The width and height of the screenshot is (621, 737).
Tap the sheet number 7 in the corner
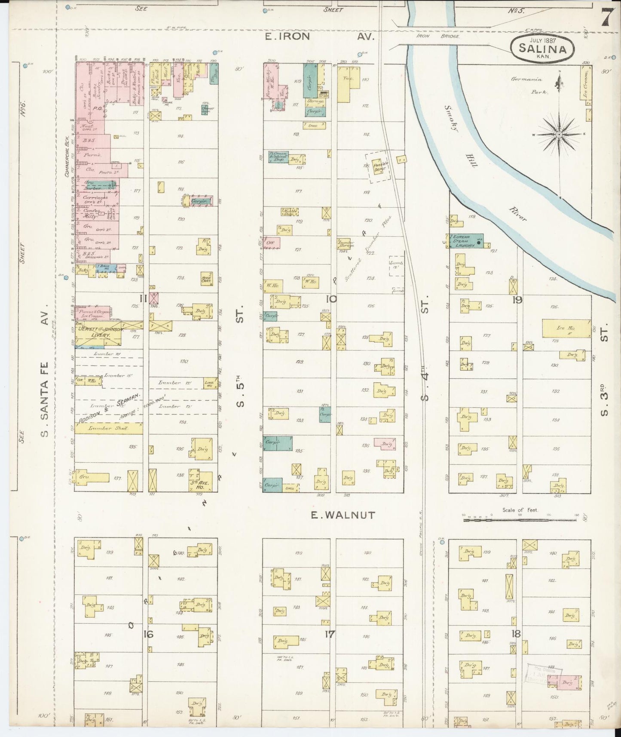[607, 17]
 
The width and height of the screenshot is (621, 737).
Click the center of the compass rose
[559, 135]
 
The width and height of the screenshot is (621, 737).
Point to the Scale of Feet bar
[520, 520]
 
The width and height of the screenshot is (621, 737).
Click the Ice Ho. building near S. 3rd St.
[566, 328]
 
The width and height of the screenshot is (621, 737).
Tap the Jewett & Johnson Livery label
[100, 332]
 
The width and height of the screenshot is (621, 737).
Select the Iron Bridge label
[438, 37]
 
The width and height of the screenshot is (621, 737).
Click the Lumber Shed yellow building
[108, 428]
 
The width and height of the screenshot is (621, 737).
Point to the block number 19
[517, 300]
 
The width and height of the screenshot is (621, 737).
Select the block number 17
[330, 634]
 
